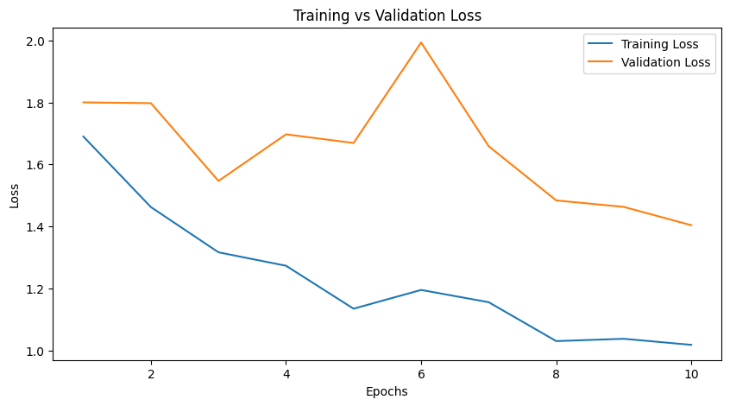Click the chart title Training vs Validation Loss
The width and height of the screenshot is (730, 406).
(387, 16)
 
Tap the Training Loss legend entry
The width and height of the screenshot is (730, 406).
(670, 43)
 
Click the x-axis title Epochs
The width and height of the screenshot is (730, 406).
(387, 391)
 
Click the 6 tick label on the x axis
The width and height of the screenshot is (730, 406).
(421, 374)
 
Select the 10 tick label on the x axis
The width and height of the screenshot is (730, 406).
(691, 374)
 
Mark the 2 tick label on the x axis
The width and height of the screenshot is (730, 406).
(151, 374)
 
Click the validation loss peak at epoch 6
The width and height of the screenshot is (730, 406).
(421, 42)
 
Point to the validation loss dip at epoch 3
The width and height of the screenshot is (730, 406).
(218, 181)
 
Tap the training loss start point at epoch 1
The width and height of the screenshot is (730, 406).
(84, 136)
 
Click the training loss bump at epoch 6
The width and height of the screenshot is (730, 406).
(421, 290)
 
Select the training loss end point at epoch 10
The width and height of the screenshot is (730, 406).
(691, 345)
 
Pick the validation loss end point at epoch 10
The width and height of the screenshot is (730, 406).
(691, 225)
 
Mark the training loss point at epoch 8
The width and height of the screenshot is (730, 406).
(557, 341)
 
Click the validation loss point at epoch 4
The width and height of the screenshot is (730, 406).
(286, 135)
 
